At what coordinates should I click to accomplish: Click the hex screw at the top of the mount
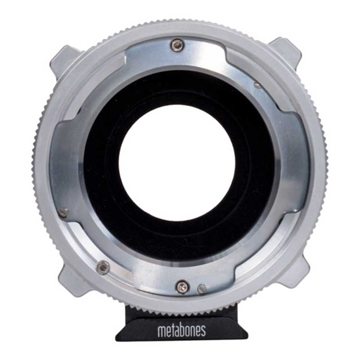point(178,45)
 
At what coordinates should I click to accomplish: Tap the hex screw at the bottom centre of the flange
point(183,286)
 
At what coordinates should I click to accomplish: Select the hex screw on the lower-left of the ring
point(103,267)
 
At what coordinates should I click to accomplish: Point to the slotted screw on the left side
point(63,212)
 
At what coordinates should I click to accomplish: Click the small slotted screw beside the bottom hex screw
point(202,288)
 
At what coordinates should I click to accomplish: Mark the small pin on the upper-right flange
point(257,85)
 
